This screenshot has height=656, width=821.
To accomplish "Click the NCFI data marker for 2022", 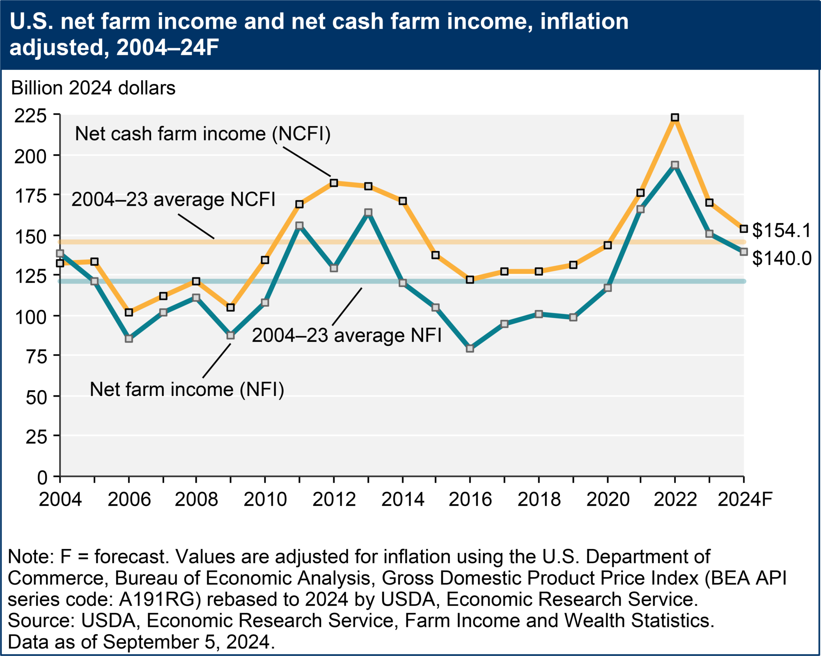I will coord(675,118).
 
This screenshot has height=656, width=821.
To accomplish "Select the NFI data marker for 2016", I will coord(470,349).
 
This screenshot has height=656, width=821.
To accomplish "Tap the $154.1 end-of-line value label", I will coord(782,230).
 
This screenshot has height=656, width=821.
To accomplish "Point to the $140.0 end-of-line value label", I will coord(782,258).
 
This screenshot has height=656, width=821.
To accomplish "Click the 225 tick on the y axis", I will coord(30,116).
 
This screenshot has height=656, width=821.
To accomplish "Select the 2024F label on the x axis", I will coord(745,499).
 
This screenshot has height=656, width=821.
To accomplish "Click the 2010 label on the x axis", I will coord(265,499).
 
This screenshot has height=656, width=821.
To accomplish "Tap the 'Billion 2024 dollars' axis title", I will coord(93,88).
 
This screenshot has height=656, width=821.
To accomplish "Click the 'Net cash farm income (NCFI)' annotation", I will coord(203,134).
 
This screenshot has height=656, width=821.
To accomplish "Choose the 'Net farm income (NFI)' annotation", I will coord(187,389).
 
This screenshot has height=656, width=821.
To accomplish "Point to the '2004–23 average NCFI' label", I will coord(174,200).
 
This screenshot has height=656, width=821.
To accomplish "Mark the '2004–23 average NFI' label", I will coord(347,336).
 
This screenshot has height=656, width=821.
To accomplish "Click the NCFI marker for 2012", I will coord(334,183).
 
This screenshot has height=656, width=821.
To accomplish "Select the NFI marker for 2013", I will coord(368,213).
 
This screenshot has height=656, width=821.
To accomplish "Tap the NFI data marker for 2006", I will coord(129,339).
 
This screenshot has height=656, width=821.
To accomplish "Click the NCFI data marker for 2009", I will coord(231,308).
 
